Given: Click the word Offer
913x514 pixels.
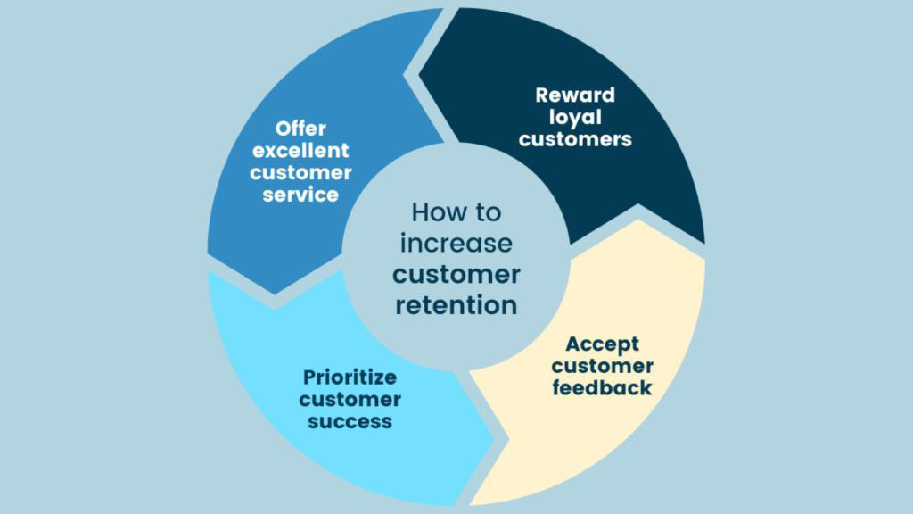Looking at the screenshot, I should coord(300,128).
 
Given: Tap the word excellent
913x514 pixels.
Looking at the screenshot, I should coord(300,150).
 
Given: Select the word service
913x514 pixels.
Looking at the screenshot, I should coord(300,194).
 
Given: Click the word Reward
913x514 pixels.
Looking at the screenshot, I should coord(575,95).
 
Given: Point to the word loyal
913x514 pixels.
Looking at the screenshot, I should coord(575,117).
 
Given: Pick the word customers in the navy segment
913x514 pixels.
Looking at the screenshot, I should coord(575,139).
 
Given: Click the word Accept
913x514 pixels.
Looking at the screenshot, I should coord(602,344).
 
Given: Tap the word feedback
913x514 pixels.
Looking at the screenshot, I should coord(602,388).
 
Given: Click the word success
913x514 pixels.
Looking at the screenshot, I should coord(350,420).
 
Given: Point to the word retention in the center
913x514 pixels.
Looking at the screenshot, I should coord(456,304).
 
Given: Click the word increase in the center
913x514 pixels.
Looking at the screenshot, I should coord(456,244).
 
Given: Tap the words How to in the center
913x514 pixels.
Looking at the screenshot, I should coord(456,213).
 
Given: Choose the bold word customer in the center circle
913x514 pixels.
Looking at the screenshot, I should coord(456,274).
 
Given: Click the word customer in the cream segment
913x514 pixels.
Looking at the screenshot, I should coord(602,366).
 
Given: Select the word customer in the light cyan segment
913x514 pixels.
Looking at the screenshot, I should coord(350,398).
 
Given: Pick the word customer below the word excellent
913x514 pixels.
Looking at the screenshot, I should coord(300,171).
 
